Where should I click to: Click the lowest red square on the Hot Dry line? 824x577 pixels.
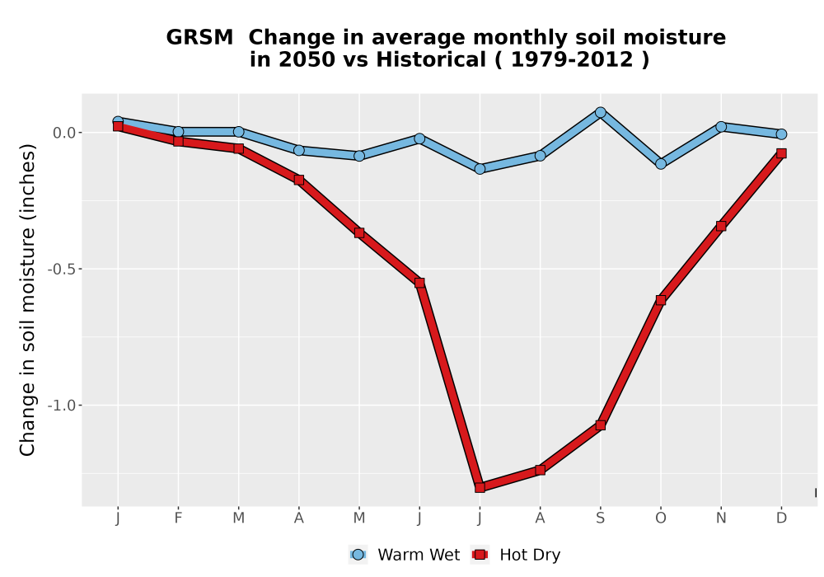[480, 487]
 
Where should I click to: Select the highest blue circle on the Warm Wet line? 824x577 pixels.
[601, 112]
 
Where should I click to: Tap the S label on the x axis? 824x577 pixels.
[601, 518]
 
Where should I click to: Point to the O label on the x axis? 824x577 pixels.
[661, 518]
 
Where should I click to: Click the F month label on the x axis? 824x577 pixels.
[178, 518]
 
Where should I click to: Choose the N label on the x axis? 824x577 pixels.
[721, 518]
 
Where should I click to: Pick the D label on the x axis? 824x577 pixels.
[781, 518]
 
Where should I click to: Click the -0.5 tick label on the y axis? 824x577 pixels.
[62, 269]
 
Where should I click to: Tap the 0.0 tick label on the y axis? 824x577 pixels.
[64, 133]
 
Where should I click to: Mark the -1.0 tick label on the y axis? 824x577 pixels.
[62, 406]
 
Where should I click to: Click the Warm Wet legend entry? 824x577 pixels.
[404, 555]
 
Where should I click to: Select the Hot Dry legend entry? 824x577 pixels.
[516, 555]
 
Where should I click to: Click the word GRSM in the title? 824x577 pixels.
[199, 38]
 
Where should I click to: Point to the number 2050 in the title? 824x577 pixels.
[307, 60]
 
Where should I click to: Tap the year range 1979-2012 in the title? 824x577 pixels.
[572, 60]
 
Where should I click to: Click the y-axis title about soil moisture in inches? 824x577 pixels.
[27, 300]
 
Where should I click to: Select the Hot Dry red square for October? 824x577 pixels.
[661, 300]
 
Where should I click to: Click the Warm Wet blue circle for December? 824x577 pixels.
[781, 134]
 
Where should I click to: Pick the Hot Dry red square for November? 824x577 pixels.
[721, 226]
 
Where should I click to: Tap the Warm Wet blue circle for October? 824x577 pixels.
[661, 164]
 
